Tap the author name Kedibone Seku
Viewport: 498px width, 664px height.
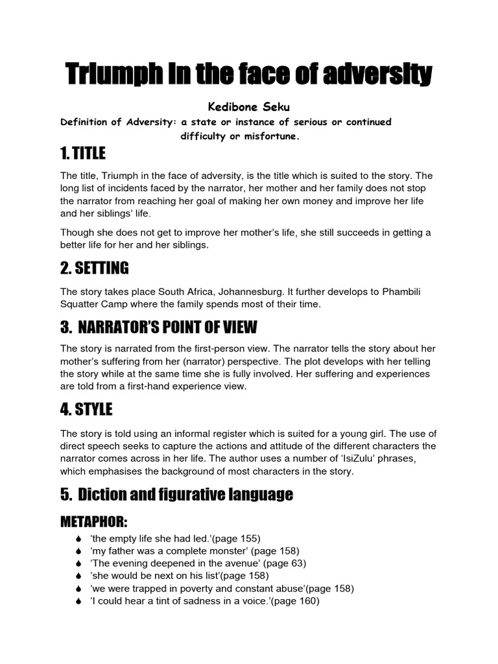tap(248, 108)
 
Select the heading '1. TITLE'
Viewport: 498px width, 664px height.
tap(82, 154)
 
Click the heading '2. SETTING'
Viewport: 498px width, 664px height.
tap(94, 267)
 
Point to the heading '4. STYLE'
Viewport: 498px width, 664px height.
tap(86, 409)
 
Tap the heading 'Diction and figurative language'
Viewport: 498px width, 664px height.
tap(185, 495)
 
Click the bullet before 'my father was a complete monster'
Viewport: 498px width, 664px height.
tap(78, 551)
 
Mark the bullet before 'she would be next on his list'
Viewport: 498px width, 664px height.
tap(78, 576)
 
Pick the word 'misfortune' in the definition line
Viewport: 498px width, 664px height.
tap(272, 136)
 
